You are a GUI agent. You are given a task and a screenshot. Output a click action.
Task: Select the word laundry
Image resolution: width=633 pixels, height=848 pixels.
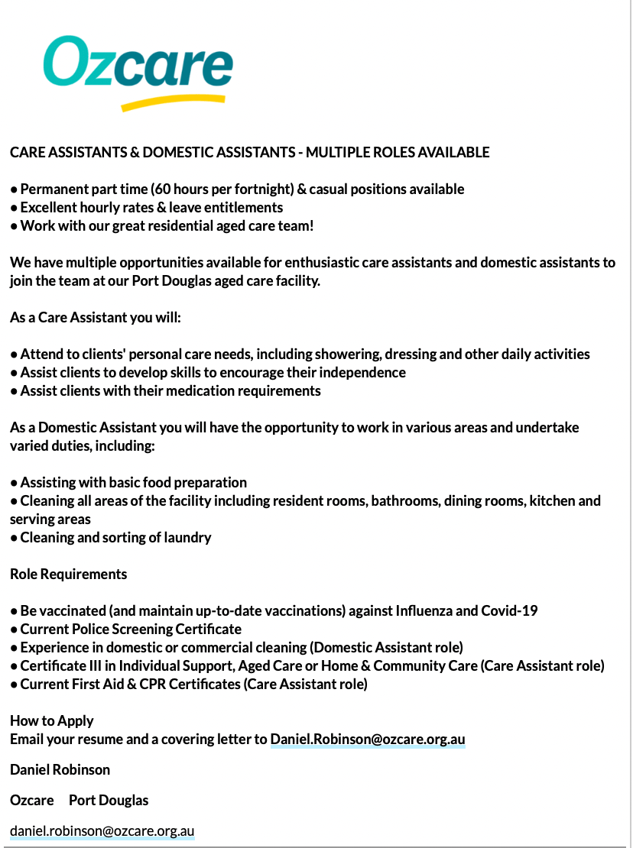188,538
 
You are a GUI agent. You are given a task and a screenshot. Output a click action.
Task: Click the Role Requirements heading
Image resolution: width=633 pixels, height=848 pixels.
69,574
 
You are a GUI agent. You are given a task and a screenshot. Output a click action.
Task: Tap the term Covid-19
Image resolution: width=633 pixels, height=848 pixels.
509,611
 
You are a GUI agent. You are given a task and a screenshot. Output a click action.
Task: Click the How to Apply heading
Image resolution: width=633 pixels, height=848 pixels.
52,720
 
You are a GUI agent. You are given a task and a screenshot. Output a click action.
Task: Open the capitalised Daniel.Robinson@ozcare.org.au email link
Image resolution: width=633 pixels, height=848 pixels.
368,740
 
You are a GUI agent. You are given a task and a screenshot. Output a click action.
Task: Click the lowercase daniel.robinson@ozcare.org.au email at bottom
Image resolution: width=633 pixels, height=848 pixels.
102,831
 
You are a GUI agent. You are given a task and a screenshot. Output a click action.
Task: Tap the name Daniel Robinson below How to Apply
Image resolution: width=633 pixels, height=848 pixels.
60,769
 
